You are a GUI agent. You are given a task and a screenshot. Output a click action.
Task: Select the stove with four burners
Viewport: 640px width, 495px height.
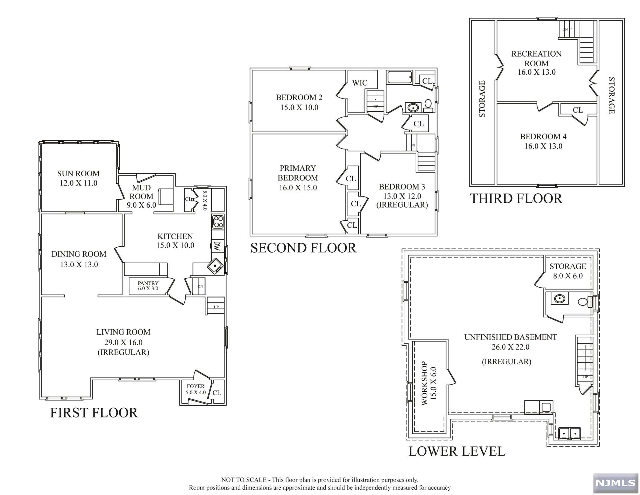point(218,222)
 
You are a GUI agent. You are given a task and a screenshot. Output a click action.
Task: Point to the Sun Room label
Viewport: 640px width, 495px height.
point(78,174)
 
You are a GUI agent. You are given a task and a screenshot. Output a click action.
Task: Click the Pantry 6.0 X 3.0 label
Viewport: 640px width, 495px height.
point(148,286)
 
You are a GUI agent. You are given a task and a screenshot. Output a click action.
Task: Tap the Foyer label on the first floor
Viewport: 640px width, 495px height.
point(196,386)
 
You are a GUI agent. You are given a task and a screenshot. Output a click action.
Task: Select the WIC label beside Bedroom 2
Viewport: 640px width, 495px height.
point(360,83)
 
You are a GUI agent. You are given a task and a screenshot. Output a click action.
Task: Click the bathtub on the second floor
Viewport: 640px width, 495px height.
point(400,77)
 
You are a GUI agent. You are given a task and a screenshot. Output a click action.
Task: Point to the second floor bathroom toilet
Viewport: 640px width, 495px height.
point(428,106)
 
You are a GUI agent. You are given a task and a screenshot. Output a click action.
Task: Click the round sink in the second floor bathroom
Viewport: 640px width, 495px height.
point(413,108)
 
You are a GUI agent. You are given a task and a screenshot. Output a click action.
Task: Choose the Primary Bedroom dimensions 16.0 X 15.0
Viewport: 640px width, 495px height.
point(298,188)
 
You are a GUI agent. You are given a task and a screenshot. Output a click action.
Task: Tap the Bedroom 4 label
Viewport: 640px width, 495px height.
point(543,137)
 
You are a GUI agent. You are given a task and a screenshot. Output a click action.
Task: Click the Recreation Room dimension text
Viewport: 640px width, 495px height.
point(537,72)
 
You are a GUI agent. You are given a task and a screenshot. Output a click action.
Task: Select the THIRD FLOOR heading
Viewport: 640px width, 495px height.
point(516,199)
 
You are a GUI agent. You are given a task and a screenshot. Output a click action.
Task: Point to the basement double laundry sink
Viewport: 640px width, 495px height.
point(570,433)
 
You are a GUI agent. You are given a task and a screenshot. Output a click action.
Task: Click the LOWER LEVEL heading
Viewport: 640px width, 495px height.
point(457,451)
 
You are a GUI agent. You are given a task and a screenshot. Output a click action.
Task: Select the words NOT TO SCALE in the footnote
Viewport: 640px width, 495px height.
point(244,480)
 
